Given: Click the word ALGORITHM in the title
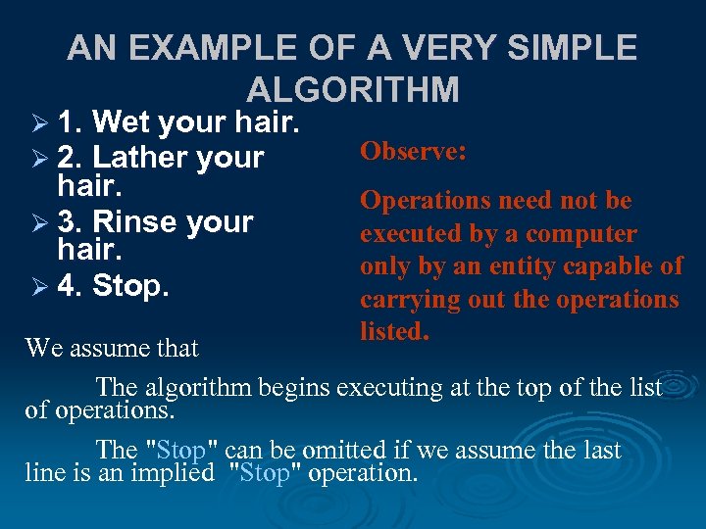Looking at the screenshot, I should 353,89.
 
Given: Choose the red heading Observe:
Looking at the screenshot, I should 413,152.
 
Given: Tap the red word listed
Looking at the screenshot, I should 394,332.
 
